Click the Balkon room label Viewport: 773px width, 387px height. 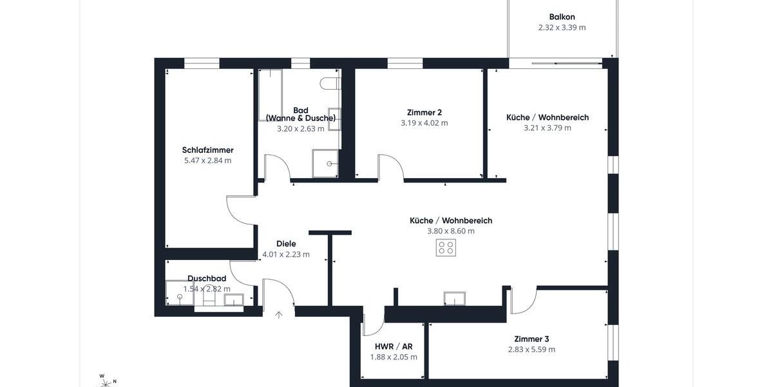coord(562,17)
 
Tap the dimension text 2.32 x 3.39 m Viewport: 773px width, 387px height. coord(562,28)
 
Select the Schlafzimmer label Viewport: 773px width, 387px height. coord(207,150)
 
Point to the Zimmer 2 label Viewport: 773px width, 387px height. coord(424,112)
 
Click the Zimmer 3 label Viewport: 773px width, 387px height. coord(531,339)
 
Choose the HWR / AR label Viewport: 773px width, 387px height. coord(394,346)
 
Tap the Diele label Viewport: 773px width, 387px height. coord(286,244)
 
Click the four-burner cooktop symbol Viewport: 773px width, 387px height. coord(446,248)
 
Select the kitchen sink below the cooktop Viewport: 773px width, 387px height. coord(454,298)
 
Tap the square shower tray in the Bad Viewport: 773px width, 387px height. coord(325,164)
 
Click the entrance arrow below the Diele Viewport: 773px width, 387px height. coord(279,315)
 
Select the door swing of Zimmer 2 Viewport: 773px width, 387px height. coord(390,166)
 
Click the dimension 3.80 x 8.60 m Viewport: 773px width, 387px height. coord(451,231)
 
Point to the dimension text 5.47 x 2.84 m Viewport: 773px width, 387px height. coord(207,161)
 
